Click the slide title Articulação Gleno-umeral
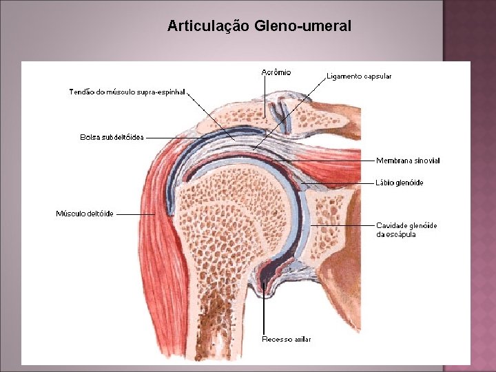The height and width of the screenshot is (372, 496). click(x=259, y=26)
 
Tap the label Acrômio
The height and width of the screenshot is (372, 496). click(x=276, y=72)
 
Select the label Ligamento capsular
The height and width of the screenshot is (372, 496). click(x=359, y=76)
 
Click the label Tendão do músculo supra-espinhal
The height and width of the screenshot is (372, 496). click(x=127, y=92)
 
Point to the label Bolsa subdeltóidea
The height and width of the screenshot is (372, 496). click(x=112, y=137)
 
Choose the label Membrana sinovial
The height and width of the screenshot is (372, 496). click(x=408, y=161)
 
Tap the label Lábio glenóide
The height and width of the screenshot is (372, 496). click(x=400, y=183)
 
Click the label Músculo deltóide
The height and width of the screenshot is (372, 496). click(x=85, y=214)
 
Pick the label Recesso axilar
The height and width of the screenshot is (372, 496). click(x=287, y=339)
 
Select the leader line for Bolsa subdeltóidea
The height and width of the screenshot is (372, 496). click(x=186, y=138)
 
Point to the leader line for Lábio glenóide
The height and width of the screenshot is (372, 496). click(x=341, y=183)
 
